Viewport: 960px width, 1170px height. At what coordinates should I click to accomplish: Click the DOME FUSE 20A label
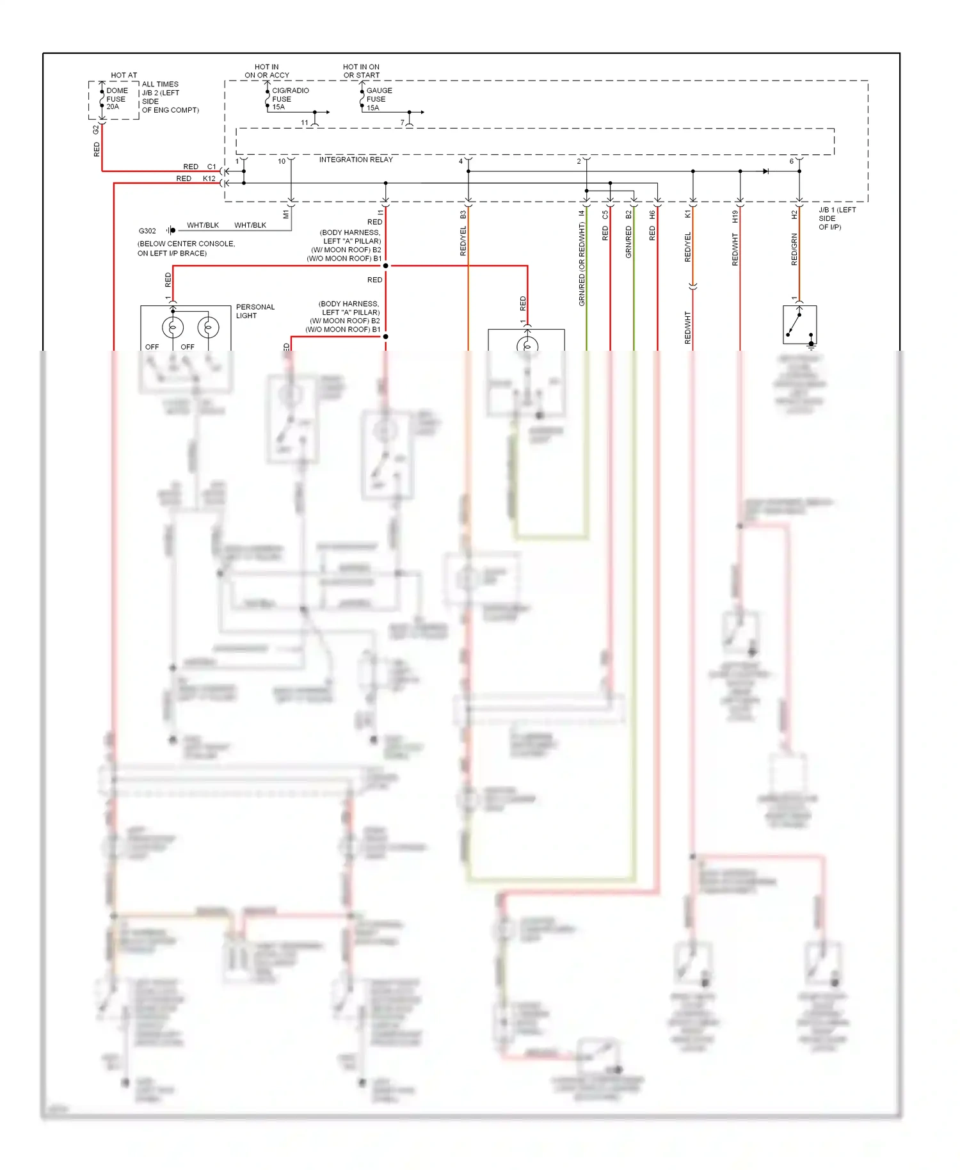click(x=116, y=99)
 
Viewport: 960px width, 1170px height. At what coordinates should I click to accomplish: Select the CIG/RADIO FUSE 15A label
click(x=289, y=99)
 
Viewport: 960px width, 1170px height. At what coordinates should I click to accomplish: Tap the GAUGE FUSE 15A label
click(x=378, y=99)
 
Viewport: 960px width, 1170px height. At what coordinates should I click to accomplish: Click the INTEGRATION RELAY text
click(x=356, y=159)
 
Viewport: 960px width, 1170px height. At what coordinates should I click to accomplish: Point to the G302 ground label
click(x=147, y=231)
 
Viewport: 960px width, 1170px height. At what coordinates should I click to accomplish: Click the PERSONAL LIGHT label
click(x=255, y=311)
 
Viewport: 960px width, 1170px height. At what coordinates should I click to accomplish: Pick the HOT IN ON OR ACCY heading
click(x=267, y=71)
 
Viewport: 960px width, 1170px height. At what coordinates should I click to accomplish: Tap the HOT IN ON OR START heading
click(x=361, y=71)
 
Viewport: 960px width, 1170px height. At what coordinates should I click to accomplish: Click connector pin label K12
click(x=209, y=179)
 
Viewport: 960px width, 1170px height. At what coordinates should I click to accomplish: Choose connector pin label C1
click(x=211, y=167)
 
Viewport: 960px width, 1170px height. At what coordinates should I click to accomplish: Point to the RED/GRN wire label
click(x=794, y=250)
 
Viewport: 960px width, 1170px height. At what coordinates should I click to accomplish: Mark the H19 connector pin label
click(x=735, y=216)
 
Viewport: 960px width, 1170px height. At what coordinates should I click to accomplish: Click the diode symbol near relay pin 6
click(x=766, y=172)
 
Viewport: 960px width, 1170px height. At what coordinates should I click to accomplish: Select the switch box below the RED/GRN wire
click(x=799, y=325)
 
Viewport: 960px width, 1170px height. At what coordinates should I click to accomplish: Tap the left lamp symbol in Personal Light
click(x=173, y=328)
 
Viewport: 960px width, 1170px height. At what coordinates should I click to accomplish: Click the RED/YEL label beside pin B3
click(x=463, y=241)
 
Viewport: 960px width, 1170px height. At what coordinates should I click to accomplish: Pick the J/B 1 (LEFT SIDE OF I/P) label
click(x=836, y=218)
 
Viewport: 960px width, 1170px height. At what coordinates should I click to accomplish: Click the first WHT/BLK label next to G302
click(x=202, y=225)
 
